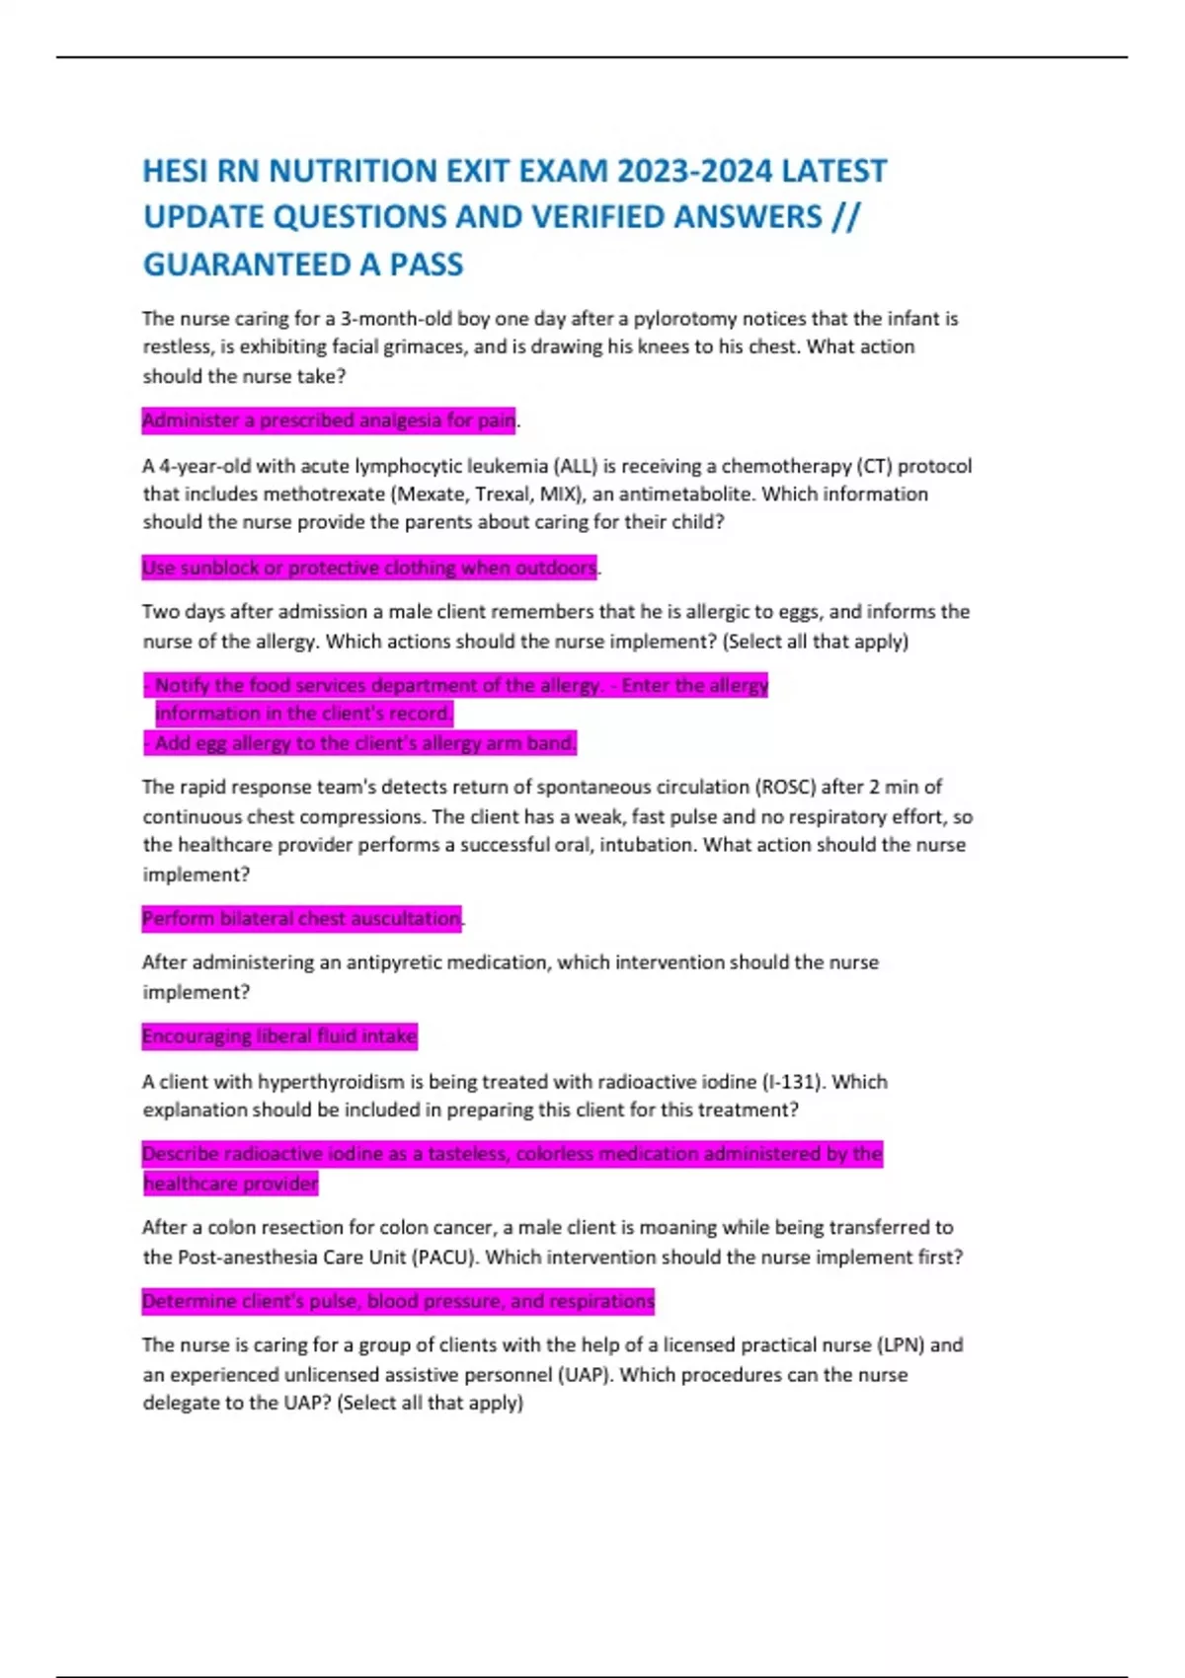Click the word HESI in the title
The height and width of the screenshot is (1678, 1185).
click(175, 171)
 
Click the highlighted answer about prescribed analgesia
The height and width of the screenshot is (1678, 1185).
click(329, 420)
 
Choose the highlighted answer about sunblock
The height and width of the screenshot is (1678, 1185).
click(369, 568)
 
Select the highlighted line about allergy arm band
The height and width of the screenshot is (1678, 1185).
click(360, 742)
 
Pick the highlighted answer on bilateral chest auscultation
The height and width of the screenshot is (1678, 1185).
click(301, 918)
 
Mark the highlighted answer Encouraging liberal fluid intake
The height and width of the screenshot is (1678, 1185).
click(279, 1036)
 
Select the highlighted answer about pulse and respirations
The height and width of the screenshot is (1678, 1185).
click(398, 1301)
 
